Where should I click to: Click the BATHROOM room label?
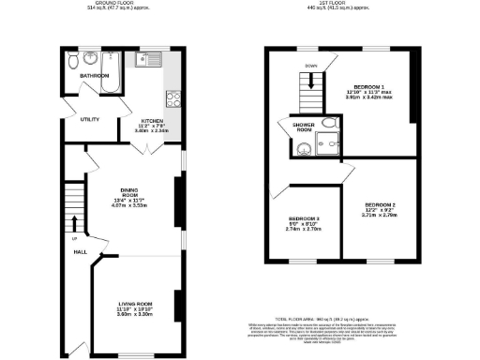click(94, 75)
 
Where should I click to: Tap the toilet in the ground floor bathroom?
click(74, 62)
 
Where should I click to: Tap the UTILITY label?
click(90, 120)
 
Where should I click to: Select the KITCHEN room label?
click(153, 122)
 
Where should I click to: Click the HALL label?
click(81, 251)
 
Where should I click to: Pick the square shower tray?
click(327, 143)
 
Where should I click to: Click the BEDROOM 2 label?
click(381, 204)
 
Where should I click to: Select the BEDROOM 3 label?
click(305, 219)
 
